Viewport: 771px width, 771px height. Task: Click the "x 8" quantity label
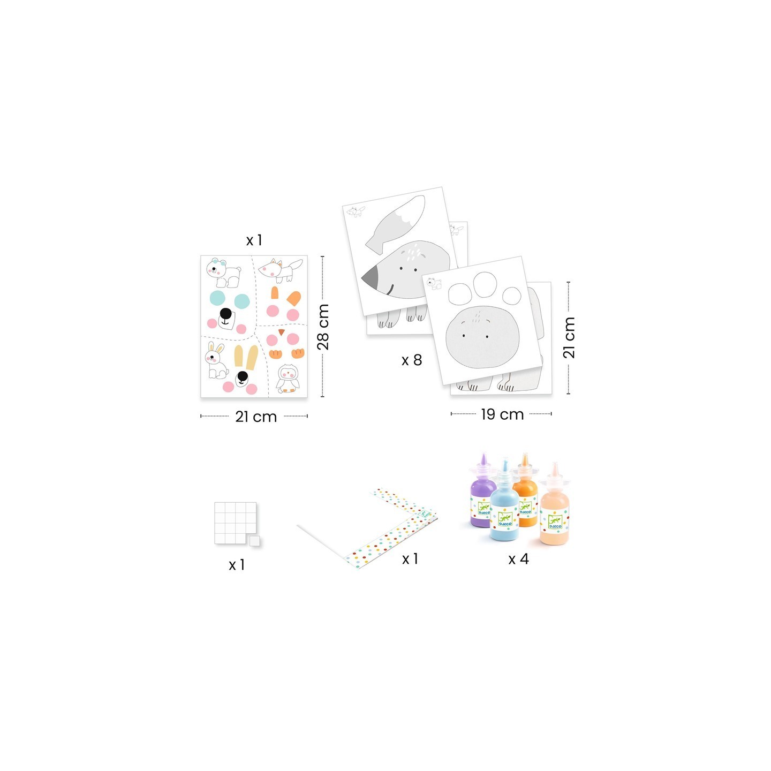point(412,360)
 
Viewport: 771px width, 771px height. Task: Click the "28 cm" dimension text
point(323,327)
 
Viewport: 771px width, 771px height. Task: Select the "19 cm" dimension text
point(502,414)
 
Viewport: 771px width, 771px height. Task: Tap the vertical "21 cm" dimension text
point(569,337)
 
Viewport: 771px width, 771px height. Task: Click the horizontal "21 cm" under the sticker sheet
point(256,417)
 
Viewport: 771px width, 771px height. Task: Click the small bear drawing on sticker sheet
point(224,273)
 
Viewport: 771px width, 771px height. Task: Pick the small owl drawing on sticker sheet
point(288,378)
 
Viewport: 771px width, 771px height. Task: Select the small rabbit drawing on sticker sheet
point(216,360)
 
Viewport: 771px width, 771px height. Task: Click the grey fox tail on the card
point(395,224)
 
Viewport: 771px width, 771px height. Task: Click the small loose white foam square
point(254,541)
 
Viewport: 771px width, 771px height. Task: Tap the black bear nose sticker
point(225,313)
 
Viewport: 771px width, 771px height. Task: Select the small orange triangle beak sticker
point(282,331)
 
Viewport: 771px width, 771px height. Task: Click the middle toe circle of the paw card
point(485,285)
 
